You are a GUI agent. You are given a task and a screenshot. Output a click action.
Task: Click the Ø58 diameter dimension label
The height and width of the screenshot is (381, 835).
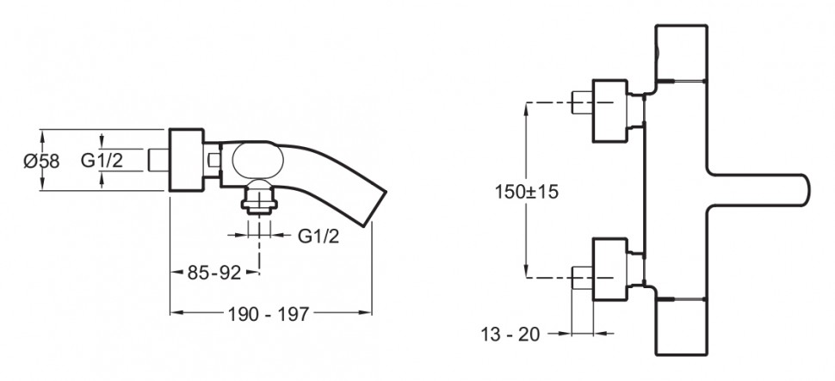tap(41, 161)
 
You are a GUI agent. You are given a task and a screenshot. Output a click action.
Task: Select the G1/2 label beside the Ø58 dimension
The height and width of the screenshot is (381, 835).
tap(101, 160)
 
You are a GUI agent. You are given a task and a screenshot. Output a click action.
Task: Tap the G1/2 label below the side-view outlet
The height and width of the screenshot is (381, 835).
tap(319, 236)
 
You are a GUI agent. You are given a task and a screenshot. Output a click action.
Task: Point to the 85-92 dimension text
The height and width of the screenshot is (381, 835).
tap(213, 273)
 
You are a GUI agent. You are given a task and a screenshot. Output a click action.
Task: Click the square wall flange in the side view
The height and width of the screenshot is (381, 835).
tap(186, 160)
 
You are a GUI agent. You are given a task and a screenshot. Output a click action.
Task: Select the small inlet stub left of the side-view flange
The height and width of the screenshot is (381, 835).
tap(158, 160)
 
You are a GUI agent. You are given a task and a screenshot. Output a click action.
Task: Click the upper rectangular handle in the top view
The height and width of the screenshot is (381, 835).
tap(682, 53)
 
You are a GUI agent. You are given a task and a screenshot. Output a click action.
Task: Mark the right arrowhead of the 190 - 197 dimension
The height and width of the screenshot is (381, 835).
tap(368, 310)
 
